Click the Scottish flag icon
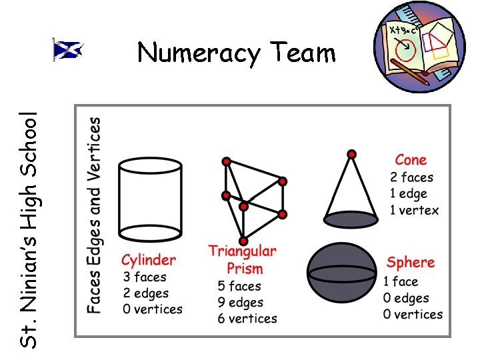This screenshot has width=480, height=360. click(68, 50)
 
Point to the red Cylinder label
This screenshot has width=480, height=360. click(149, 260)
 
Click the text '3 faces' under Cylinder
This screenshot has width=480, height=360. click(145, 277)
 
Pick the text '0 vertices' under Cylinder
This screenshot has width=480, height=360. click(153, 309)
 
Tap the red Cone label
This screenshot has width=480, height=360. click(411, 160)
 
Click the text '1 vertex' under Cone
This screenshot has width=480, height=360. click(415, 211)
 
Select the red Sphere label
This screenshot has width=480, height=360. click(411, 263)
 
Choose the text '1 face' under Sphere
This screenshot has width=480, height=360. click(401, 281)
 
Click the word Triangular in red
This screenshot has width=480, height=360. click(242, 251)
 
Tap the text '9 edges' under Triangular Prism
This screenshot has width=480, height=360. click(241, 303)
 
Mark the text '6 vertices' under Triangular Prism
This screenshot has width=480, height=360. click(247, 319)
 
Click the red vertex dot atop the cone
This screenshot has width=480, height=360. click(351, 155)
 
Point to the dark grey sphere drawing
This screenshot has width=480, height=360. click(341, 273)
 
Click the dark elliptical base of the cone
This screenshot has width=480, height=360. click(351, 219)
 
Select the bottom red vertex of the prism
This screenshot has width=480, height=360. click(244, 241)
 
